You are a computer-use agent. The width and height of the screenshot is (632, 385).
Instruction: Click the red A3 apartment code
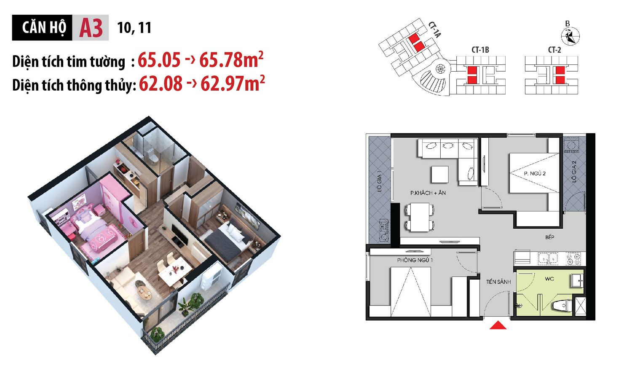[x=91, y=28]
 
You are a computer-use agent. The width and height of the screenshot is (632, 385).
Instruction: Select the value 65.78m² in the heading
[x=231, y=60]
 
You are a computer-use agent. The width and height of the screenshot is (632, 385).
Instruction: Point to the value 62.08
[x=161, y=84]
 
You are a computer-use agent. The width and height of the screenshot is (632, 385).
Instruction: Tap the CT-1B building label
[x=480, y=50]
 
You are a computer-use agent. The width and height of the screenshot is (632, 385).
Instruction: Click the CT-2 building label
[x=554, y=50]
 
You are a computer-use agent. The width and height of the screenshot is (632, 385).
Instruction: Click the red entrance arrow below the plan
[x=498, y=325]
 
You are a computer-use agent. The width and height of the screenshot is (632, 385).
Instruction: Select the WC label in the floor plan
[x=549, y=279]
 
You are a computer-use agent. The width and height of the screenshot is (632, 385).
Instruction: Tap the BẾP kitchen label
[x=549, y=237]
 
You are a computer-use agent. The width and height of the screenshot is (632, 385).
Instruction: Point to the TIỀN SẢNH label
[x=498, y=282]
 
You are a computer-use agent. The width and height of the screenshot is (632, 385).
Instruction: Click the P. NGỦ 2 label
[x=535, y=173]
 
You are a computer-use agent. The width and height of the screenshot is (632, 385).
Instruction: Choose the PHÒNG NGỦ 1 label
[x=415, y=260]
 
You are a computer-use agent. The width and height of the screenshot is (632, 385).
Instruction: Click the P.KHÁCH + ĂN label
[x=428, y=193]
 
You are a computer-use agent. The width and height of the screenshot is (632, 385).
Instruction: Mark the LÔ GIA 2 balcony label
[x=573, y=171]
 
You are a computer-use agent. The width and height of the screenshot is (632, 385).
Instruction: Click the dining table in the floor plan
[x=420, y=217]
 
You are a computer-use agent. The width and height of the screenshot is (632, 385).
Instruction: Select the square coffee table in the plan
[x=439, y=174]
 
